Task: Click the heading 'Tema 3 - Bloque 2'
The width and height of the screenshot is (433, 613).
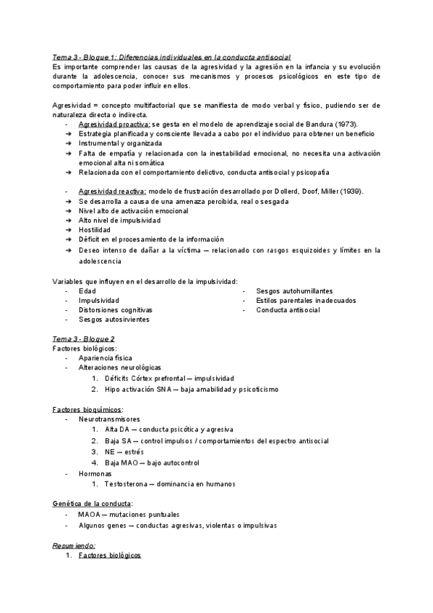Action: [x=84, y=338]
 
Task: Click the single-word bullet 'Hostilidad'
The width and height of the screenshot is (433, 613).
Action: [x=98, y=229]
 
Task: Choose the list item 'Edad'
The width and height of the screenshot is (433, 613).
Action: [x=87, y=291]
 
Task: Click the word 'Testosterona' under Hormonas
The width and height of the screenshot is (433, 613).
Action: [x=128, y=484]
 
